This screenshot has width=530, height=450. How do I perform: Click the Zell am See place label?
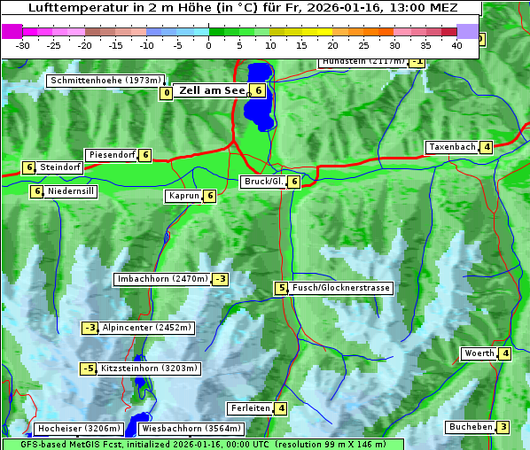(x=213, y=90)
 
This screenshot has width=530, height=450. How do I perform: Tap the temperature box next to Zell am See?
(x=257, y=90)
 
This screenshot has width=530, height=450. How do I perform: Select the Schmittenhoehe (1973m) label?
(x=106, y=81)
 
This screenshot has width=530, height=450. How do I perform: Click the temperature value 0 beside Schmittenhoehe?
(x=166, y=93)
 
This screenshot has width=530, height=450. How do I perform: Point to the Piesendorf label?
(x=112, y=155)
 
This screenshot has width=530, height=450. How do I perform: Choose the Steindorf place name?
(x=60, y=167)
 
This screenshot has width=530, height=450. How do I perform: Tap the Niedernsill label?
(x=71, y=190)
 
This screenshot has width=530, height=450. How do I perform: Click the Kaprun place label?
(x=184, y=196)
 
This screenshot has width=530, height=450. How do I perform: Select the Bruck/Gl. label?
(x=263, y=182)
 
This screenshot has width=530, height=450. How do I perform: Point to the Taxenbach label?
(x=452, y=147)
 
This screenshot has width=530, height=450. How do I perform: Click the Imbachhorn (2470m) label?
(x=163, y=280)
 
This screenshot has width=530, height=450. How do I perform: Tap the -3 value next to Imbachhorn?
(x=220, y=280)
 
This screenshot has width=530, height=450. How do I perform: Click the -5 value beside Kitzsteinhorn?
(x=89, y=369)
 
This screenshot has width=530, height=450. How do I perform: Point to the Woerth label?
(x=479, y=354)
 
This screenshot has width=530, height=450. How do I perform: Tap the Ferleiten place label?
(x=250, y=408)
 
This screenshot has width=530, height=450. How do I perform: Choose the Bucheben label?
(x=471, y=427)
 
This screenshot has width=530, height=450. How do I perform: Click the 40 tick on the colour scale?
(x=456, y=45)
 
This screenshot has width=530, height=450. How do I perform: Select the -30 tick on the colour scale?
(x=23, y=45)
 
